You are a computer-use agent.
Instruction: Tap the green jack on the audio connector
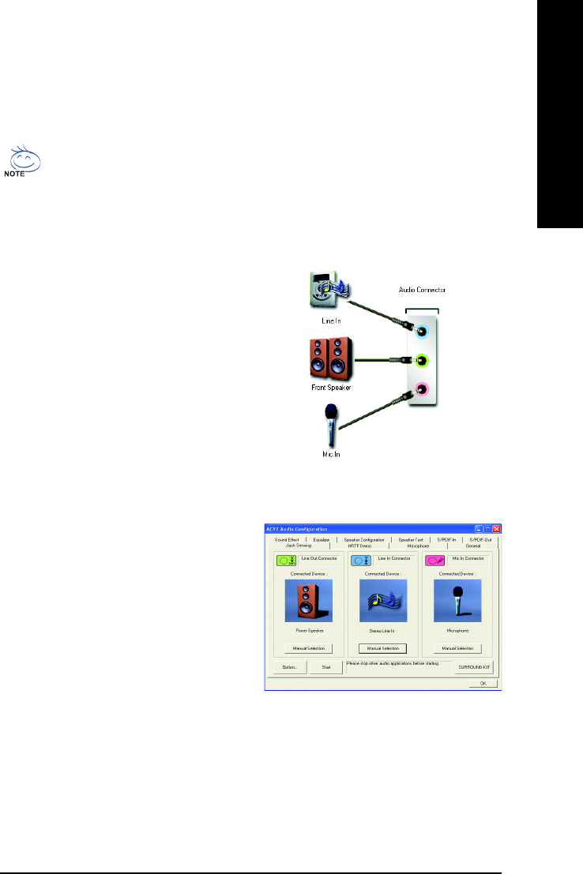(423, 360)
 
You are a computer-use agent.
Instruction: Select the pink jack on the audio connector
(423, 388)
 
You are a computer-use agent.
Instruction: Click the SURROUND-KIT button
(475, 667)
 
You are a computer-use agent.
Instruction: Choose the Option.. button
(289, 667)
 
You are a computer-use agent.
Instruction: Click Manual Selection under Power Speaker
(304, 648)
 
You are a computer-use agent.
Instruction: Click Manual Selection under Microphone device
(457, 648)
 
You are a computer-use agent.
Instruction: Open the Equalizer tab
(321, 539)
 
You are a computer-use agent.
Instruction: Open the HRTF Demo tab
(359, 546)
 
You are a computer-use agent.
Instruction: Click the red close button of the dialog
(497, 528)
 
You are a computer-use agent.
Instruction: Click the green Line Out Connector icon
(286, 560)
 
